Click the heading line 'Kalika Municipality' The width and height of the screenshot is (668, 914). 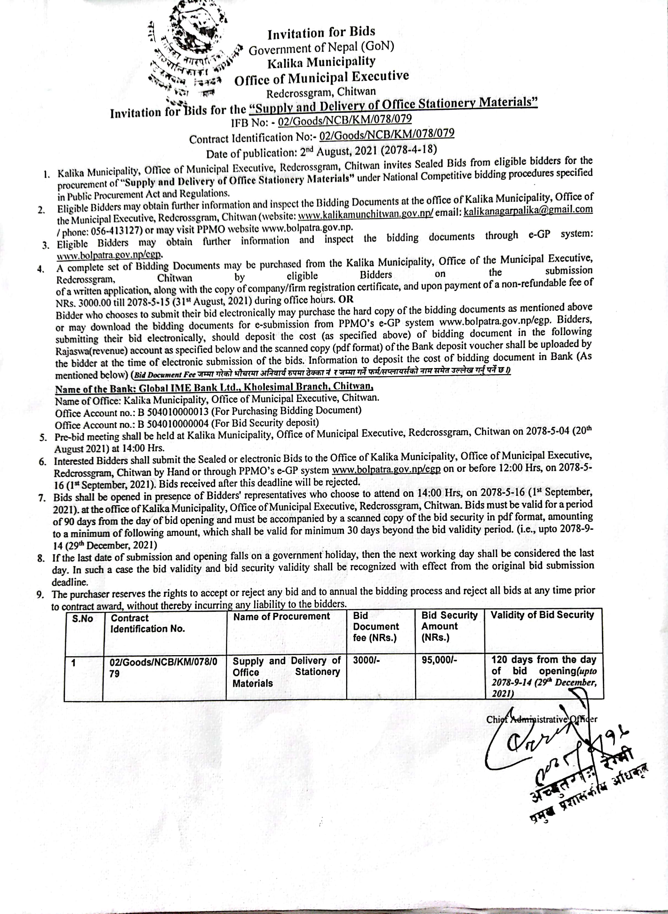[322, 62]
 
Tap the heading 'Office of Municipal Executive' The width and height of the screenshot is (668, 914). [322, 77]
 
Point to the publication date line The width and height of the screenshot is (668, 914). [322, 151]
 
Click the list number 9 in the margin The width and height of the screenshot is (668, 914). [40, 594]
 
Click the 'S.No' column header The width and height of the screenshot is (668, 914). [82, 619]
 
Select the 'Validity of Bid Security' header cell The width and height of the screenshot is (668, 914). [542, 615]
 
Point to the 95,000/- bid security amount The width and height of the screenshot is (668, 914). [439, 660]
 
